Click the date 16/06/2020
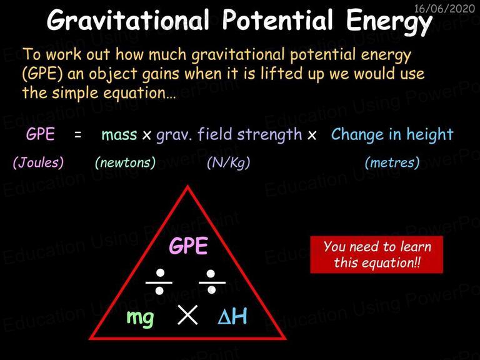444,8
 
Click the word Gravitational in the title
128,20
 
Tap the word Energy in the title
389,22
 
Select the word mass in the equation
119,135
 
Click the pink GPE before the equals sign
41,134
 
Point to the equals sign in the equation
78,134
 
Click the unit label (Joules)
38,162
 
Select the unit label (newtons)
125,162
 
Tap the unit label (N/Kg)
228,162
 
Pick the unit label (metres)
392,162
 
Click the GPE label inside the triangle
189,246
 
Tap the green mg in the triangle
140,318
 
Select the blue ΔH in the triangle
232,316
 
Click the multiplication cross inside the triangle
187,315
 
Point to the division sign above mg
159,282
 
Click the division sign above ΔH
212,282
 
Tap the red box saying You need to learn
376,254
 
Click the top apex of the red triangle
187,186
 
